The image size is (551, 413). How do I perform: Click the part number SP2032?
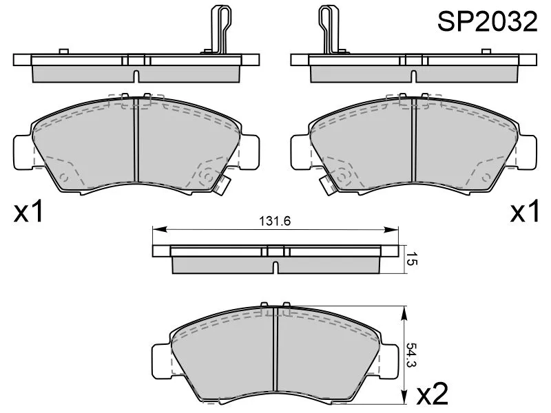[x=487, y=22]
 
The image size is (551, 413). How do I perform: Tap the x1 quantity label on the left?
[x=29, y=213]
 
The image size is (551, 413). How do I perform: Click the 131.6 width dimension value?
[x=272, y=221]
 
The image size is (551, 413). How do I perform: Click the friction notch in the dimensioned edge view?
[x=275, y=267]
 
